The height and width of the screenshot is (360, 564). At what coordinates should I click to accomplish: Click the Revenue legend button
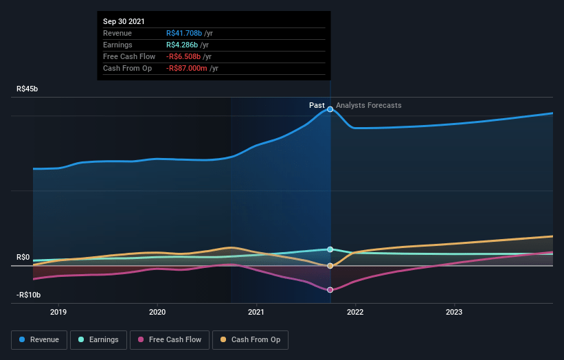point(39,339)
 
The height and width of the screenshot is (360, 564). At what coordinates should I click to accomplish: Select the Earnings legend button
point(98,339)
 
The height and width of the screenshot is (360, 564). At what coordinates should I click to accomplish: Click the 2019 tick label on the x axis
point(59,311)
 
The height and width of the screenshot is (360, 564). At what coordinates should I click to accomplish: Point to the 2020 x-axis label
point(158,311)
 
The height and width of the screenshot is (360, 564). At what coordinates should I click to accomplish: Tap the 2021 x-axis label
point(257,311)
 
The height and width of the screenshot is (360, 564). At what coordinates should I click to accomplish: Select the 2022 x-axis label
point(355,311)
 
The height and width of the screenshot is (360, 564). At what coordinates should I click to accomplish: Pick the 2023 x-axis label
point(454,311)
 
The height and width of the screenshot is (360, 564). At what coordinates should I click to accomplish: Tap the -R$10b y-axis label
point(28,295)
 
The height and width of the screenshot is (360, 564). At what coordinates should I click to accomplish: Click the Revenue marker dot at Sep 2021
point(330,109)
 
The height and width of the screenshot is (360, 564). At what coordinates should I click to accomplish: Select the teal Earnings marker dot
point(330,249)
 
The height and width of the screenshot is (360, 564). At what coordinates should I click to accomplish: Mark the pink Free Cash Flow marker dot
point(330,290)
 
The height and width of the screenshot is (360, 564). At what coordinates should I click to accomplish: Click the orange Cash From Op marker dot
point(330,266)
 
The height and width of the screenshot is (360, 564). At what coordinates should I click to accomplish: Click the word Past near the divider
point(317,105)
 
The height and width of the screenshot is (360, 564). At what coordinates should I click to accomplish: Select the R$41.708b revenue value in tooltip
point(184,33)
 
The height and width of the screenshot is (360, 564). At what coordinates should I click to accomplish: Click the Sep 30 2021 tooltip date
point(124,21)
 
